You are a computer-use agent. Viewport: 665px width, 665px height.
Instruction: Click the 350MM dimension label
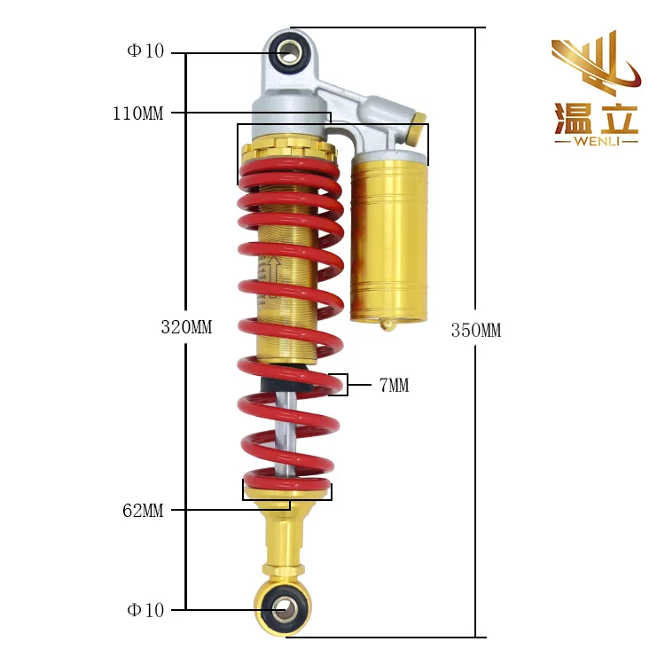475,331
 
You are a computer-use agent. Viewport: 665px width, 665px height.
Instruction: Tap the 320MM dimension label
186,327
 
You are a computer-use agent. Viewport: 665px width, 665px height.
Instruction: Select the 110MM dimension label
137,113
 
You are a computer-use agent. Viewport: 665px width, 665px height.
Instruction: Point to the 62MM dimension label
143,510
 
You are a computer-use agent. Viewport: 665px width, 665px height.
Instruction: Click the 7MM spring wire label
394,385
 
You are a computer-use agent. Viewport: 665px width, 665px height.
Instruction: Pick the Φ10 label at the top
145,51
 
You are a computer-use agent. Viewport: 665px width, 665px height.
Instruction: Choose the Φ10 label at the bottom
145,610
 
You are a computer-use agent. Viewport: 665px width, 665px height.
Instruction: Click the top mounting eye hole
289,52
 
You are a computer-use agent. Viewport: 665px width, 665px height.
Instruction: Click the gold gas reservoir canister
389,238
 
